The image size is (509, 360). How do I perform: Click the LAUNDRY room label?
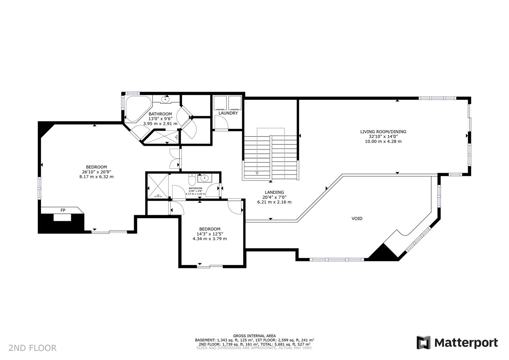[228, 113]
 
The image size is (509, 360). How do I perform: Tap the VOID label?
[357, 219]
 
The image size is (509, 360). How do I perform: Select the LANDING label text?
[274, 192]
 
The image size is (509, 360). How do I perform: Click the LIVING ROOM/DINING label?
[383, 131]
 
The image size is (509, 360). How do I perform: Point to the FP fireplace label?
[63, 210]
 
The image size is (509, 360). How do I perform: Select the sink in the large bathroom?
[165, 99]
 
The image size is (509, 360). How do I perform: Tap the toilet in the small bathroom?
[192, 180]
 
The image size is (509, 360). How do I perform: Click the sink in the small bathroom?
[203, 178]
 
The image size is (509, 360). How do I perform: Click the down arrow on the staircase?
[257, 172]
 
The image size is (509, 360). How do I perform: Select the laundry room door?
[221, 123]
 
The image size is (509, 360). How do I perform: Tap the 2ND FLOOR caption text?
[32, 348]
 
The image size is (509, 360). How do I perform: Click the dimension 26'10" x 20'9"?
[96, 172]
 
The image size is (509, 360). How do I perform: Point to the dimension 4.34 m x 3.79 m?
[209, 239]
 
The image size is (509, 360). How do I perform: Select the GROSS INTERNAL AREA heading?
[254, 336]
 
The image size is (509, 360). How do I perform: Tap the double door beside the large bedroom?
[175, 159]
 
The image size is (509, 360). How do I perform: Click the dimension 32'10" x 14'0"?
[383, 136]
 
